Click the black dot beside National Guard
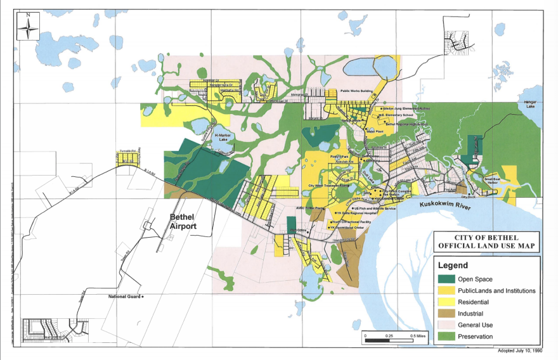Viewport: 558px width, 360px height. [x=143, y=296]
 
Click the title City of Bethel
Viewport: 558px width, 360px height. [x=487, y=236]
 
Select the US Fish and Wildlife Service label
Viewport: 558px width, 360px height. [x=375, y=208]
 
